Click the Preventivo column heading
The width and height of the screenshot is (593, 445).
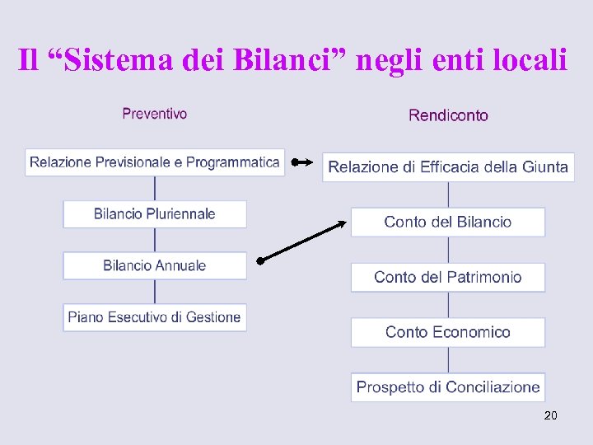click(x=154, y=114)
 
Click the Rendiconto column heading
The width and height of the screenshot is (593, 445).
click(x=448, y=115)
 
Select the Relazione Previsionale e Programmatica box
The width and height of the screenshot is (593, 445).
click(x=155, y=162)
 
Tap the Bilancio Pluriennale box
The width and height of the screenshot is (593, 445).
click(x=155, y=214)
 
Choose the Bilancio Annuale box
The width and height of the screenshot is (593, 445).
click(x=155, y=265)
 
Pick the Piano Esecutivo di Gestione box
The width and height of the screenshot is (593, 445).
click(x=155, y=317)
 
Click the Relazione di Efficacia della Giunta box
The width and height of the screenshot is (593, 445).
click(x=448, y=167)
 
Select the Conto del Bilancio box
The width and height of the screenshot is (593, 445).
click(x=448, y=222)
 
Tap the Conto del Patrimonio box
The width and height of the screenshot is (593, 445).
click(x=448, y=277)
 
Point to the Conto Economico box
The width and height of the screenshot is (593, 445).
click(x=448, y=332)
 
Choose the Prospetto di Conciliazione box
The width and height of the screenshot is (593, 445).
click(x=448, y=387)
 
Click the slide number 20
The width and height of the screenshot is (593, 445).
click(x=550, y=415)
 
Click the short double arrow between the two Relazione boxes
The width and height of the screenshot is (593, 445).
click(x=301, y=163)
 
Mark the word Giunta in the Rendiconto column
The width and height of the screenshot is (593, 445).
click(x=544, y=167)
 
